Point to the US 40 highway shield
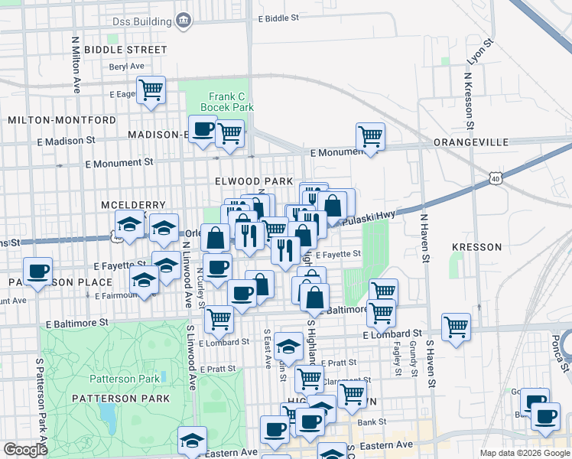pyautogui.click(x=495, y=178)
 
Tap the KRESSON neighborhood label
pyautogui.click(x=476, y=247)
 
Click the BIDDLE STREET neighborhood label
pyautogui.click(x=125, y=50)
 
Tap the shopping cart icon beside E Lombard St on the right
pyautogui.click(x=456, y=327)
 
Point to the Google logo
pyautogui.click(x=25, y=450)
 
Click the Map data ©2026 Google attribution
pyautogui.click(x=524, y=453)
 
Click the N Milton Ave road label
pyautogui.click(x=76, y=64)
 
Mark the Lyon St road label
pyautogui.click(x=476, y=56)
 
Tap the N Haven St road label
pyautogui.click(x=423, y=238)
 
